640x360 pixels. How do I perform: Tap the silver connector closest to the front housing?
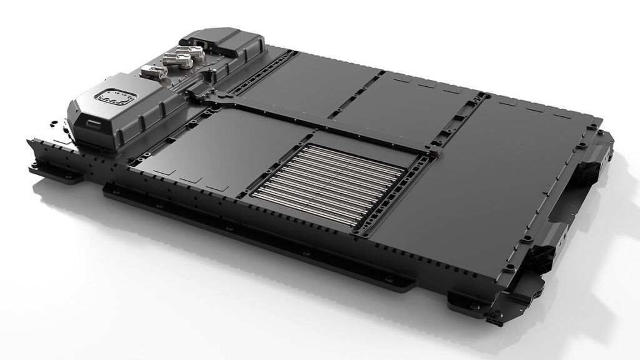[151, 74]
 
